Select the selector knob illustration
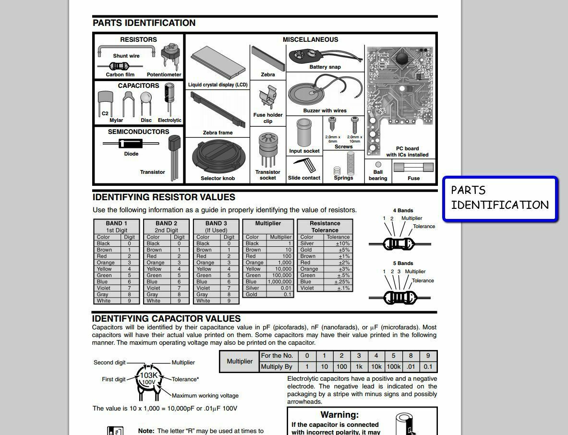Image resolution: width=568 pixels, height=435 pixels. click(x=218, y=157)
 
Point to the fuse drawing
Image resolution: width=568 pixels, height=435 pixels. click(x=413, y=168)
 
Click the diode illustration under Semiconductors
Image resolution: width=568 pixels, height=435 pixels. click(x=131, y=144)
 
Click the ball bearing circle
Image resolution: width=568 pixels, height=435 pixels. click(x=378, y=164)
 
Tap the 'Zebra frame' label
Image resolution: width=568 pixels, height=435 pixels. click(x=218, y=133)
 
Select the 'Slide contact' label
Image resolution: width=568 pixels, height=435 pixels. click(x=304, y=178)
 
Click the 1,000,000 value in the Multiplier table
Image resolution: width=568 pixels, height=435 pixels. click(x=279, y=281)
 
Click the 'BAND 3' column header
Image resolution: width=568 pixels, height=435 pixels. click(x=216, y=223)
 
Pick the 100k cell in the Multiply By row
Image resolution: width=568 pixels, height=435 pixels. click(x=393, y=366)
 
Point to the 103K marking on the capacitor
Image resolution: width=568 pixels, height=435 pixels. click(x=148, y=375)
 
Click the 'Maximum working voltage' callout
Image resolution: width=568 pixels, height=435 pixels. click(x=205, y=396)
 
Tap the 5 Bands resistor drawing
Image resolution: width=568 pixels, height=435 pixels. click(x=399, y=298)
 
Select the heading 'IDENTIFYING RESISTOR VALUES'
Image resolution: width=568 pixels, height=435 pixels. click(x=164, y=197)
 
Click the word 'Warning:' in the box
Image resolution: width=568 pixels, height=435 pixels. click(x=339, y=415)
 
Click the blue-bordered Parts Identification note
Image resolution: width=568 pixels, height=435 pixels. click(x=500, y=198)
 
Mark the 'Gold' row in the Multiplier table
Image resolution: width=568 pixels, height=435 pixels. click(x=268, y=294)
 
